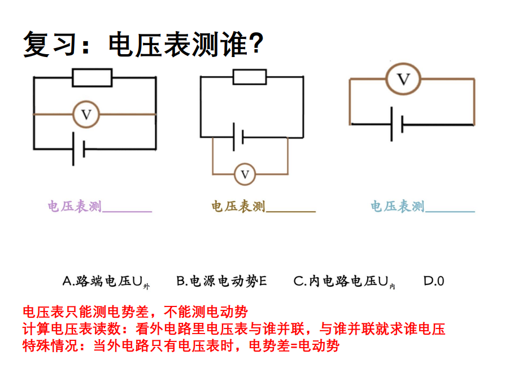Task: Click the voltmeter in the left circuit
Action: coord(86,115)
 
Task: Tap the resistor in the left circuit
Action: coord(92,78)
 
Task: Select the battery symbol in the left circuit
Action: coord(79,149)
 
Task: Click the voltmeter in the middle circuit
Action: coord(245,174)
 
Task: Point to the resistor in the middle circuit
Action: coord(250,76)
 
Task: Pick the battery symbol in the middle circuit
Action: coord(237,137)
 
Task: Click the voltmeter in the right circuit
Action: coord(403,79)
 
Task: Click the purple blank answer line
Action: coord(127,210)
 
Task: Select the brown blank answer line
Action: coord(290,210)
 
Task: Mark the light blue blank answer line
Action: coord(450,210)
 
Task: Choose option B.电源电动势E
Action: coord(221,281)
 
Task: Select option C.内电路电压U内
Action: coord(344,281)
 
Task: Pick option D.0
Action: coord(434,281)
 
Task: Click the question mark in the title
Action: coord(255,43)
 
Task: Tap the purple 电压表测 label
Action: coord(75,207)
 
